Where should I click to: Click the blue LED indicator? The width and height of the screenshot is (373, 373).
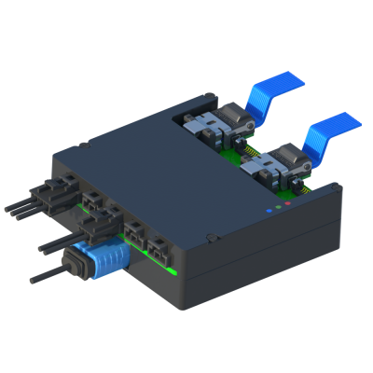click(269, 212)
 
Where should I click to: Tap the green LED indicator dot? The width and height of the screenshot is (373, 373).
click(279, 207)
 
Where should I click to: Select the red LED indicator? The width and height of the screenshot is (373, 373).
click(290, 202)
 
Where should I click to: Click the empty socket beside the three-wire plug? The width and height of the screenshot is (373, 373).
click(94, 200)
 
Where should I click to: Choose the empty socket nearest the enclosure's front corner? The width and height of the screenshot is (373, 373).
click(159, 250)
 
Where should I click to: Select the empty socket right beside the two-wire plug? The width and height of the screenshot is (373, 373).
click(133, 234)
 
